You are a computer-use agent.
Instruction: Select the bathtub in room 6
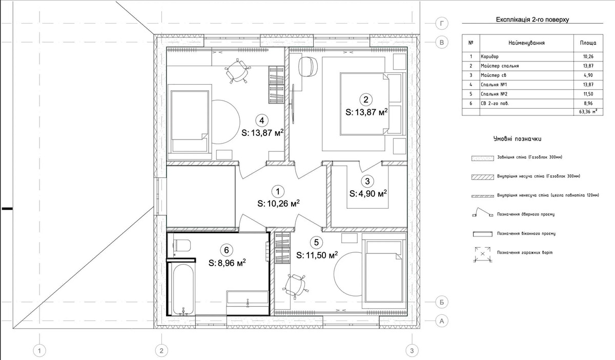[183, 289]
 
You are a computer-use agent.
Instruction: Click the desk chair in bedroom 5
[295, 286]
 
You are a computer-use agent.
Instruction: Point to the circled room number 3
[367, 181]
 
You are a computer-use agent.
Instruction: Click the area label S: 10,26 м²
[278, 204]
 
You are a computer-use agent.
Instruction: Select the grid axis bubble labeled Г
[442, 24]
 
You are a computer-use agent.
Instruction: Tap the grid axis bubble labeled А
[442, 321]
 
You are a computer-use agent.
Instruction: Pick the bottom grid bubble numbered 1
[39, 351]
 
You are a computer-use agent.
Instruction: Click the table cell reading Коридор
[489, 56]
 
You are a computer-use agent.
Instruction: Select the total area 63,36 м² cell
[589, 112]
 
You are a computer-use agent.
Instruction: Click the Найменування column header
[526, 43]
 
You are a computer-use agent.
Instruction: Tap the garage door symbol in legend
[482, 254]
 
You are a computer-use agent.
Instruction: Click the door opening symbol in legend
[482, 212]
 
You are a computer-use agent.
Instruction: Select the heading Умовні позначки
[517, 139]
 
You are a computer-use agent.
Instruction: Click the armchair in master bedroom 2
[308, 66]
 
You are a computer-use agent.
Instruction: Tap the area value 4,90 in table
[588, 75]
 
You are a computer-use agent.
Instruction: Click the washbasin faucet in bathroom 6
[248, 302]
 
